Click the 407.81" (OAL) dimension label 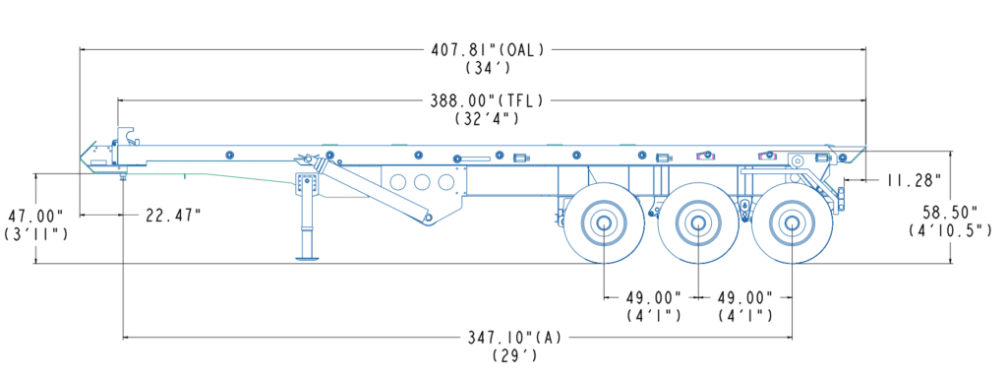[x=489, y=49]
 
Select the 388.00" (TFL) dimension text [x=488, y=100]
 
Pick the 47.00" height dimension [x=34, y=215]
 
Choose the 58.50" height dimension [x=950, y=212]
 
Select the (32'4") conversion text [x=487, y=119]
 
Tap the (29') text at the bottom [x=515, y=355]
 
